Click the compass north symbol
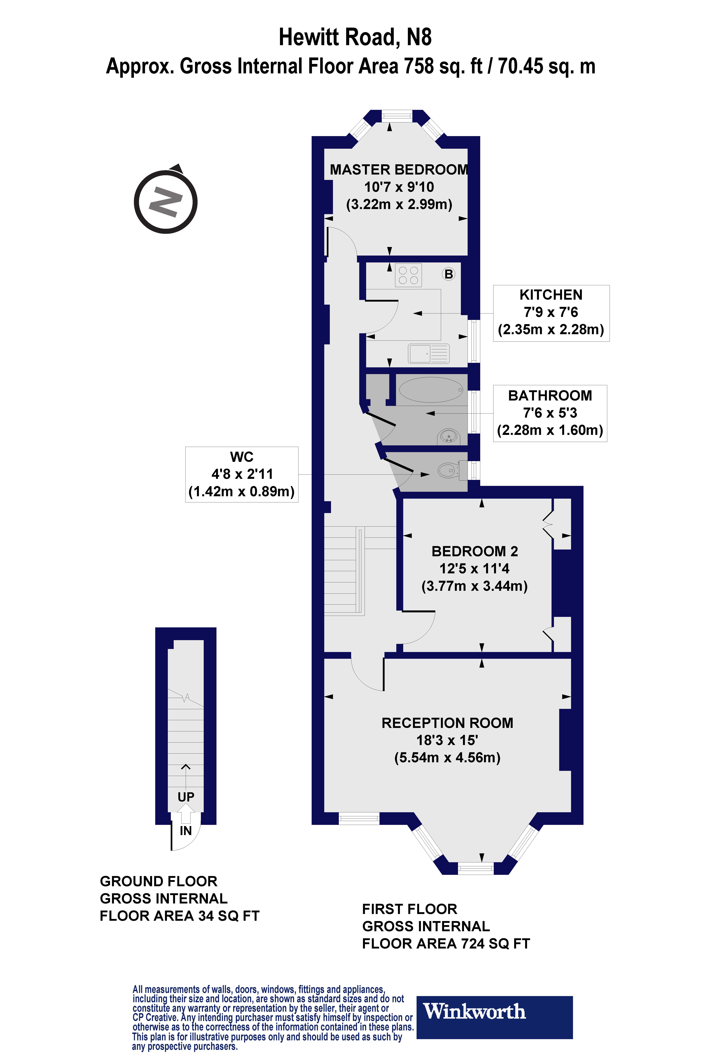pos(165,201)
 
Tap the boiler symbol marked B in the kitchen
pos(449,274)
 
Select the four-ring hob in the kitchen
pos(408,275)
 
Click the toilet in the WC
pos(450,470)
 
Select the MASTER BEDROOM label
pos(399,169)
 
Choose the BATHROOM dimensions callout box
pos(550,413)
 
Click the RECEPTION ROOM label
pos(447,723)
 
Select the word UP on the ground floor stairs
pos(186,797)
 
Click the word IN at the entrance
pos(186,831)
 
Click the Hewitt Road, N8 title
pos(355,37)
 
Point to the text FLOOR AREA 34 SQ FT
pos(180,916)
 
